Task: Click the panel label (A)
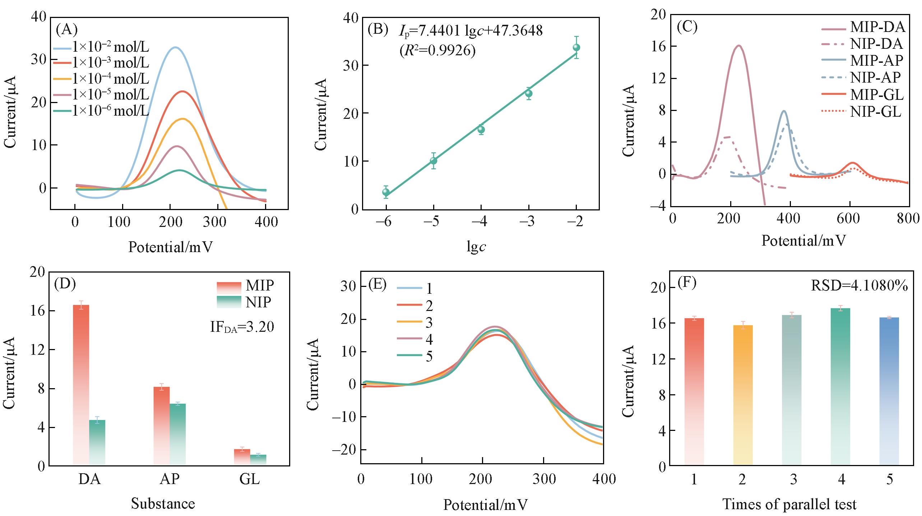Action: click(x=67, y=30)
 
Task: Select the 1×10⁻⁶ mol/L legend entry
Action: click(x=101, y=111)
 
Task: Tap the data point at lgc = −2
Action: click(x=576, y=47)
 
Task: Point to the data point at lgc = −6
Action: click(x=386, y=192)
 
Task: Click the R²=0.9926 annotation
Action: click(x=437, y=51)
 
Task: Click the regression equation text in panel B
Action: click(x=471, y=31)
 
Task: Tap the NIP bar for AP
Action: click(x=178, y=434)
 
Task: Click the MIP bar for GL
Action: click(x=242, y=457)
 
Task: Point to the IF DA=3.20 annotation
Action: click(x=242, y=327)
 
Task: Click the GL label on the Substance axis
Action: click(x=250, y=479)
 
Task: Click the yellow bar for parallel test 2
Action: click(x=742, y=395)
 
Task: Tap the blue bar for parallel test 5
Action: click(x=889, y=391)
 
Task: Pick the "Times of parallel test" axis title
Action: click(x=789, y=504)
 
